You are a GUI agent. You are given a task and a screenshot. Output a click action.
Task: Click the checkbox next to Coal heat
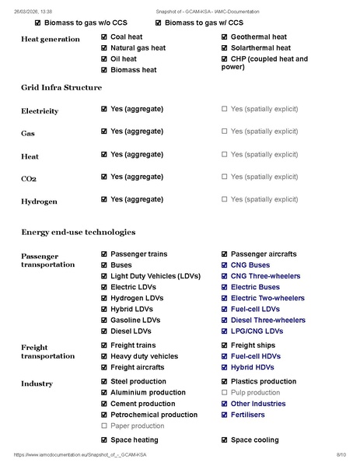pos(104,37)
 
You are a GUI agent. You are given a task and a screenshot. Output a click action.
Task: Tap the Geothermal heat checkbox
pos(225,37)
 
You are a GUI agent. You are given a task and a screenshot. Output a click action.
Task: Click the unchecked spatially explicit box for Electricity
pos(225,110)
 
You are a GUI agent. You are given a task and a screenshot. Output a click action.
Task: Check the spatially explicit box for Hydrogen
pos(225,200)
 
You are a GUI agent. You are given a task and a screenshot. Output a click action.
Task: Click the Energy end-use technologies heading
pos(78,232)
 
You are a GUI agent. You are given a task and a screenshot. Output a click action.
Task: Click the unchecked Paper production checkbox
pos(104,426)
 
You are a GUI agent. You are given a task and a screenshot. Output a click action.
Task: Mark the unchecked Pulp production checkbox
pos(225,393)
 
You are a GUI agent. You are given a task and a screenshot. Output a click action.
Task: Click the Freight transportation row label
pos(47,352)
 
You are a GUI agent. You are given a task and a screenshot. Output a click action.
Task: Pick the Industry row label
pos(37,384)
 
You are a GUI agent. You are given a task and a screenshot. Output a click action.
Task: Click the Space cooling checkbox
pos(225,440)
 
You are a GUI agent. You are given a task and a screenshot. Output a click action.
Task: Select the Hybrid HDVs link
pos(253,367)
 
